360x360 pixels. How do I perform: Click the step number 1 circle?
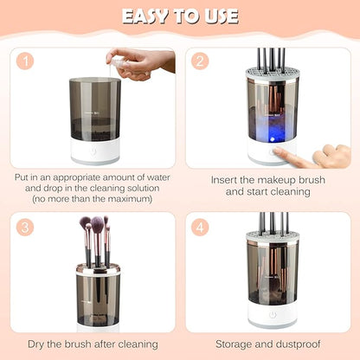pyautogui.click(x=26, y=62)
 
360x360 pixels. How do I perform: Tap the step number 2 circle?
pyautogui.click(x=202, y=62)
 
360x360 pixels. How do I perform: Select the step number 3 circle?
pyautogui.click(x=26, y=227)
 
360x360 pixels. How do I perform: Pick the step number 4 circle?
pyautogui.click(x=202, y=227)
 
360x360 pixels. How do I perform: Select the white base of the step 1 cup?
pyautogui.click(x=94, y=154)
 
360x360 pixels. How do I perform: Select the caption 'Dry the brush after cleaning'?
pyautogui.click(x=93, y=344)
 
